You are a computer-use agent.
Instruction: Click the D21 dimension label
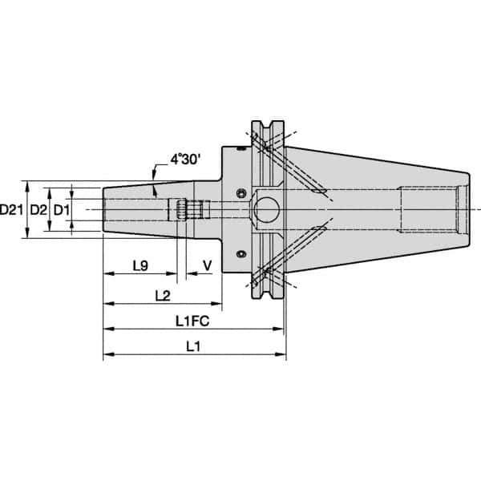pyautogui.click(x=10, y=209)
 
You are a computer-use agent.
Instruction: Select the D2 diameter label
pyautogui.click(x=38, y=209)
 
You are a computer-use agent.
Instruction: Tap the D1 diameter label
pyautogui.click(x=62, y=209)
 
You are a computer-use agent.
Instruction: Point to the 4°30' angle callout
pyautogui.click(x=188, y=160)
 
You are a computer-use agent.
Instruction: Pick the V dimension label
pyautogui.click(x=208, y=265)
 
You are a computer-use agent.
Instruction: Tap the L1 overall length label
pyautogui.click(x=192, y=346)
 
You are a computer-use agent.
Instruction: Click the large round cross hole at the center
pyautogui.click(x=264, y=210)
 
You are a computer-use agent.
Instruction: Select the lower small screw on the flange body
pyautogui.click(x=239, y=255)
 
